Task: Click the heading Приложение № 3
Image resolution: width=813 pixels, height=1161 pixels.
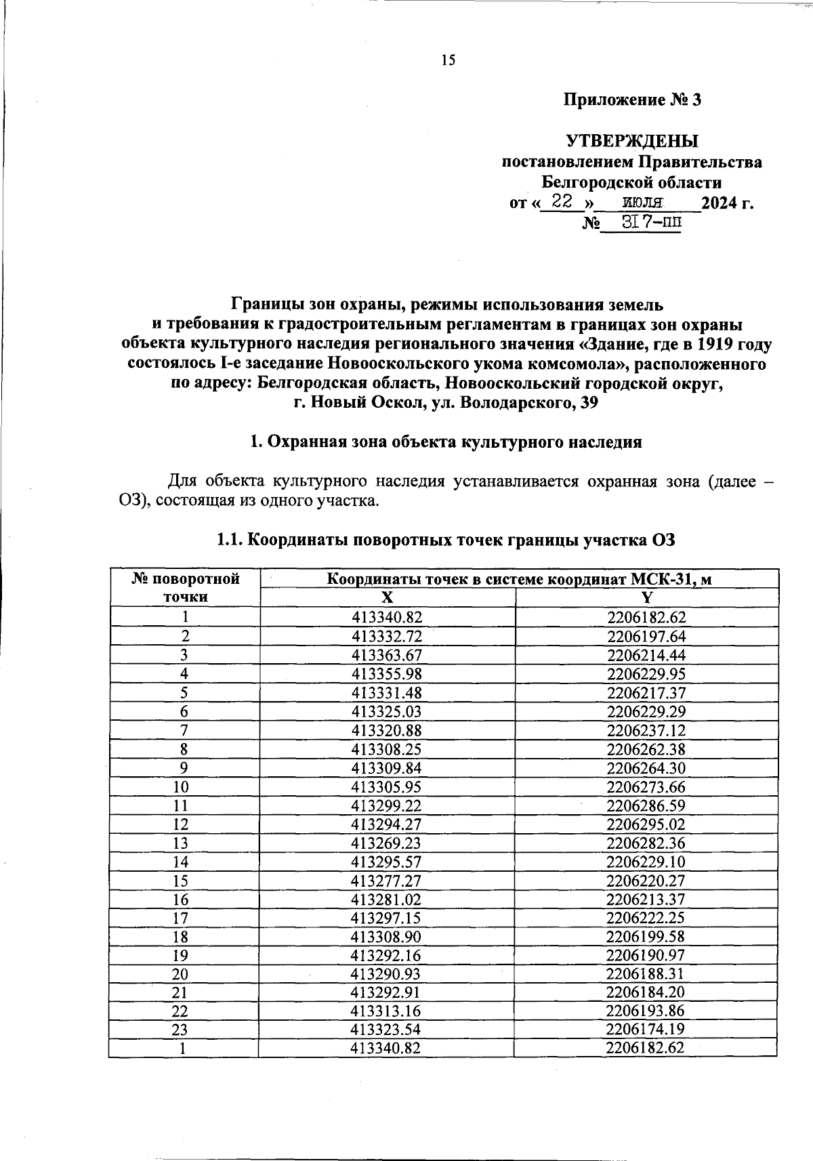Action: (x=632, y=100)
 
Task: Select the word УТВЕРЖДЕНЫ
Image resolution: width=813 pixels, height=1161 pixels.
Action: (x=631, y=142)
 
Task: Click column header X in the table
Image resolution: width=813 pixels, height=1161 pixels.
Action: (x=387, y=597)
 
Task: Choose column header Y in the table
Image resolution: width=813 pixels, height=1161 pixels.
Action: (x=647, y=597)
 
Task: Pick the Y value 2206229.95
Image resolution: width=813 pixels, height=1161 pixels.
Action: (x=646, y=673)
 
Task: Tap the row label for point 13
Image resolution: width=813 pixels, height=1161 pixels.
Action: (x=184, y=843)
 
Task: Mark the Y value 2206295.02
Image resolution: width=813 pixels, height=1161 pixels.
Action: (x=646, y=824)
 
